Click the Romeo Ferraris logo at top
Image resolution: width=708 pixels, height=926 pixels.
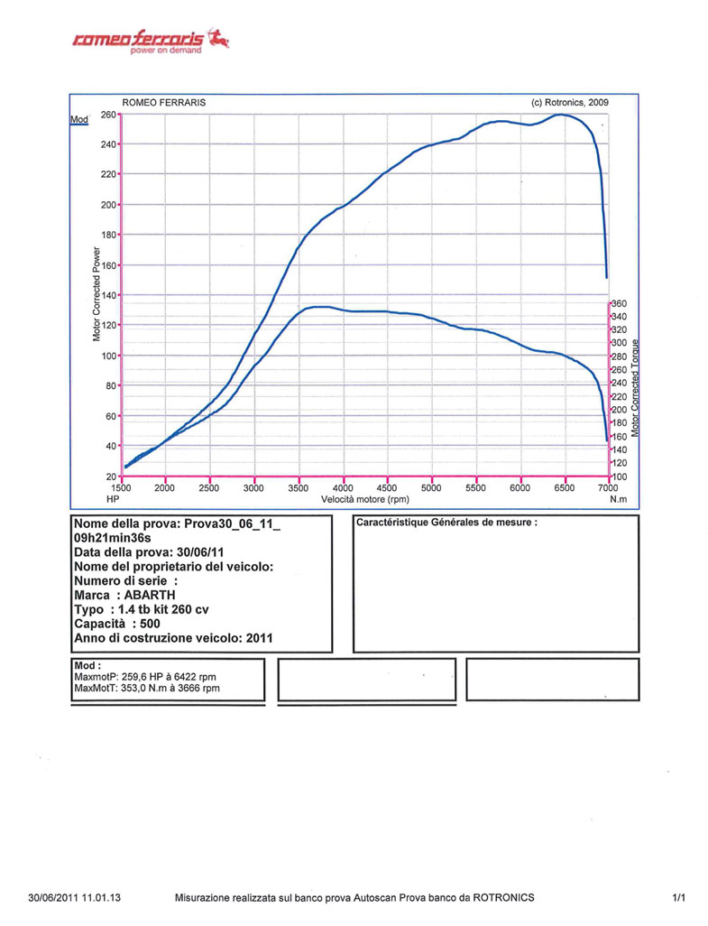[x=150, y=40]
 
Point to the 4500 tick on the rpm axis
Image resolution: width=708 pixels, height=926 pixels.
[x=387, y=487]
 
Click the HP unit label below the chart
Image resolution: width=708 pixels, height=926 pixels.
[x=113, y=498]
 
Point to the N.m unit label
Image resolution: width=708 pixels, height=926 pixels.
[x=618, y=498]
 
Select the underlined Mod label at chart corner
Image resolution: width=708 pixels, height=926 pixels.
[x=78, y=120]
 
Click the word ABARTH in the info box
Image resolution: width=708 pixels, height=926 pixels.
[x=151, y=595]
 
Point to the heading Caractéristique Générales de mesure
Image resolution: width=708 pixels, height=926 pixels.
[x=446, y=523]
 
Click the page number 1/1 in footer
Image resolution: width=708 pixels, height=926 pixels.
[x=679, y=897]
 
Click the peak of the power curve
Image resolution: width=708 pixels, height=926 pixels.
[x=561, y=115]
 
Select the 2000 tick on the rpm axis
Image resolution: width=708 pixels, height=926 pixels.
[x=164, y=487]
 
